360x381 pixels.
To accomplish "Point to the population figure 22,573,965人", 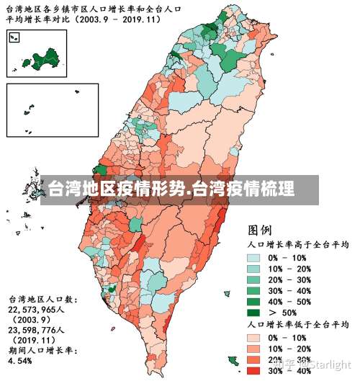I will tap(43, 308).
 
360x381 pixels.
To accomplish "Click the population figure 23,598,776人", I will tap(43, 329).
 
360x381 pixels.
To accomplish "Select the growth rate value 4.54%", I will tap(22, 360).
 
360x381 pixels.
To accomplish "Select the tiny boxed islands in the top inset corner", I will tap(14, 37).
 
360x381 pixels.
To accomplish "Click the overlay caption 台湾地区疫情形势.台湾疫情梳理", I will tap(171, 191).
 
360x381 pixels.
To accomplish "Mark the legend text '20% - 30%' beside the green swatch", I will tap(288, 280).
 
